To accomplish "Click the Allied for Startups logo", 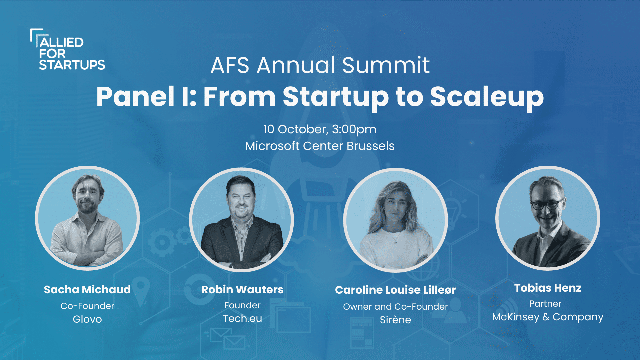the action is click(68, 49).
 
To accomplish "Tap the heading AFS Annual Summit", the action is click(320, 65).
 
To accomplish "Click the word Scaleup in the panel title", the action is click(487, 97).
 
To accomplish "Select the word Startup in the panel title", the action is click(336, 97).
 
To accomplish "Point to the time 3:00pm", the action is click(354, 130).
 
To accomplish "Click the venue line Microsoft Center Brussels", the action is click(320, 146).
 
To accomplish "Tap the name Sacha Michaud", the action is click(87, 289).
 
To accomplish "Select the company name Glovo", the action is click(87, 319).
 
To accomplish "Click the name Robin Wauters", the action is click(242, 289).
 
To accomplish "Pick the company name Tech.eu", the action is click(242, 318).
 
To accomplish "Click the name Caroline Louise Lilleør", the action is click(395, 290).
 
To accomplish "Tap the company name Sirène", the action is click(395, 320).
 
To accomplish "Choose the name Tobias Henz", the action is click(548, 288).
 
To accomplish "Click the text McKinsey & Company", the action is click(548, 317).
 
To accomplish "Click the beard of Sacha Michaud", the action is click(87, 206).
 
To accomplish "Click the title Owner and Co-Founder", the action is click(395, 306).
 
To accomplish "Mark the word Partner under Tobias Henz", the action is click(545, 303).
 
